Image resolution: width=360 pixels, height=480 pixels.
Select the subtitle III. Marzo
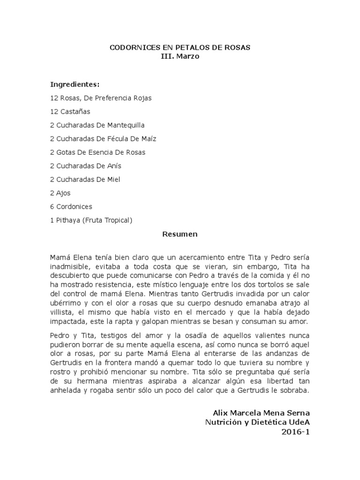180,57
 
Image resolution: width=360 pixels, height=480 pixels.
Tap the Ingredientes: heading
75,84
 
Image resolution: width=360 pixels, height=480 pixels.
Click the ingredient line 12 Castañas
70,112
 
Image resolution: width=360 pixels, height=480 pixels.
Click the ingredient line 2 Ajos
60,193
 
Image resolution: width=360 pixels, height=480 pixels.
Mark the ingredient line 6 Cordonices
71,206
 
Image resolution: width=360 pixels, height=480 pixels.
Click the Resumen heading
180,234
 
